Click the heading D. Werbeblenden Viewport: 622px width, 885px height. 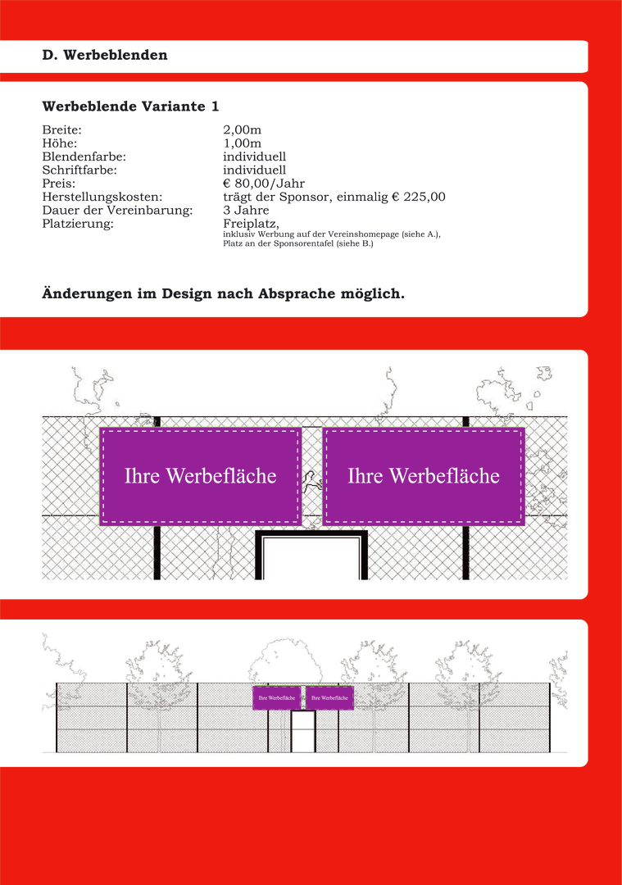105,56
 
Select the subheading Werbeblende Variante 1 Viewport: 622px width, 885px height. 130,107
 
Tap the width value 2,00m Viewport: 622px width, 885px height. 243,130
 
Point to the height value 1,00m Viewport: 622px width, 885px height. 243,143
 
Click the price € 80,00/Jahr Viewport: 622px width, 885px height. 264,184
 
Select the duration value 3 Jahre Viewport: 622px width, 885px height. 246,210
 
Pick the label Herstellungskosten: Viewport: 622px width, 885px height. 102,197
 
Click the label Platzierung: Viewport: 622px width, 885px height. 77,223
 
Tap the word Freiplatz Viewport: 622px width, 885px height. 251,223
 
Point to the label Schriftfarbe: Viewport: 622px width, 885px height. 79,170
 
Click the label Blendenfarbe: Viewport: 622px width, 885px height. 84,157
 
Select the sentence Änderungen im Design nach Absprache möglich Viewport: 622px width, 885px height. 223,293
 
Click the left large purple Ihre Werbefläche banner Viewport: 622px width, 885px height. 200,476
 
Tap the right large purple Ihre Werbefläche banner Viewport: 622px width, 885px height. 424,476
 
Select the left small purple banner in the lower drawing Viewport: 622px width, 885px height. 277,697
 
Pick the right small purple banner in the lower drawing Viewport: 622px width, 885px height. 329,697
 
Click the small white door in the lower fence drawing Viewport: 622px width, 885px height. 303,731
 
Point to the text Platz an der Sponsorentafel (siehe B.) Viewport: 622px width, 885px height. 298,244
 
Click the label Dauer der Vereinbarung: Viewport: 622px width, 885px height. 116,210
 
